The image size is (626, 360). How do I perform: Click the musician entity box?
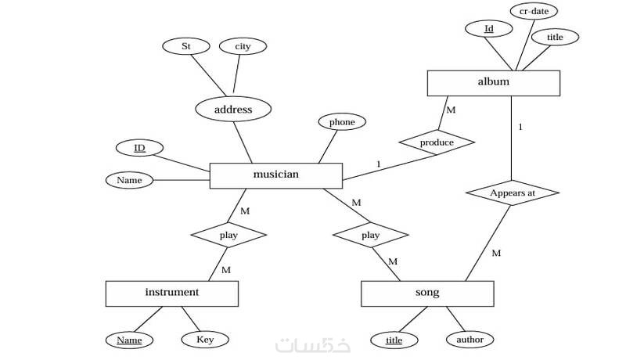coord(276,175)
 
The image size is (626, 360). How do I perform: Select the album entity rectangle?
coord(493,83)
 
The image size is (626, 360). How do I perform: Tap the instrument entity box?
coord(171,293)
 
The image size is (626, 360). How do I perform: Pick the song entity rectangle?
coord(427,293)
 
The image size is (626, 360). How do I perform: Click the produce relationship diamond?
coord(437,142)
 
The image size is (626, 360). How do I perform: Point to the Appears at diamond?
coord(512,193)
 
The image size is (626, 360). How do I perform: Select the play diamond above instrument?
coord(228,235)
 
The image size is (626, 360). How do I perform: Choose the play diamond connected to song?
coord(370,235)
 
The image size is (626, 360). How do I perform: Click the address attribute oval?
coord(232,110)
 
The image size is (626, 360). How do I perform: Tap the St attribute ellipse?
coord(186,47)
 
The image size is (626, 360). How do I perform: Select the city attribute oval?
coord(243,47)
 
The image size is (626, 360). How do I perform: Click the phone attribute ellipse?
coord(342,122)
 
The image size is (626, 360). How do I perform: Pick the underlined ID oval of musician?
coord(139,148)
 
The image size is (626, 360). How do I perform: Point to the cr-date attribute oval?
coord(533,11)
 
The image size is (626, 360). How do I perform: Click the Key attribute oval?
coord(205,340)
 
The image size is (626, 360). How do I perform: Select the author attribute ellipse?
coord(469,340)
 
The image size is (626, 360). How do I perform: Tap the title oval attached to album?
coord(553,37)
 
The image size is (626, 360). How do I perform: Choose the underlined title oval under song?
coord(395,340)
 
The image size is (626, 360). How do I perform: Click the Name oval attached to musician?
coord(129,181)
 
